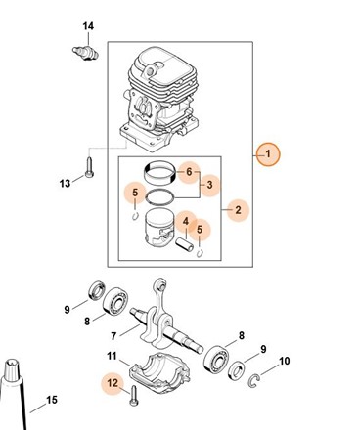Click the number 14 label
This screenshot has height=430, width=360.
point(88,26)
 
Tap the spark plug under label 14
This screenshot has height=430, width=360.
point(85,53)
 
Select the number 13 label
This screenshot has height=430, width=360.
point(65,184)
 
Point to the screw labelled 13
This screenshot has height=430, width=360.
point(89,167)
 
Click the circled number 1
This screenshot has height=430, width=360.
point(268,154)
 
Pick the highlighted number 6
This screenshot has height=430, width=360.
point(189,172)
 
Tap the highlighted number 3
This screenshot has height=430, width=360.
point(209,185)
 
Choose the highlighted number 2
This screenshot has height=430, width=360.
point(239,210)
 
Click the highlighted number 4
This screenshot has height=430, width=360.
point(186,222)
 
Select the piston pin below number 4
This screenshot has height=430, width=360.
point(184,245)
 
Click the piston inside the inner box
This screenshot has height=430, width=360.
point(159,228)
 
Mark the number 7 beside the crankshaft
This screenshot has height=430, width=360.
point(113,336)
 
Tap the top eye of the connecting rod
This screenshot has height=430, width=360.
point(161,285)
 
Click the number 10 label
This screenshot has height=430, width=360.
point(285,361)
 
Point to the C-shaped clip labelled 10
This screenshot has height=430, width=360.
point(253,381)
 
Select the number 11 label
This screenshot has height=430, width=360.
point(112,356)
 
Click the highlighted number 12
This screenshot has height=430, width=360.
point(112,383)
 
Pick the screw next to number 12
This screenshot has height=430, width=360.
point(134,396)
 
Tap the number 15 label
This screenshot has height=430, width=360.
point(52,400)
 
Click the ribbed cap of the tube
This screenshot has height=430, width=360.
point(13,369)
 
